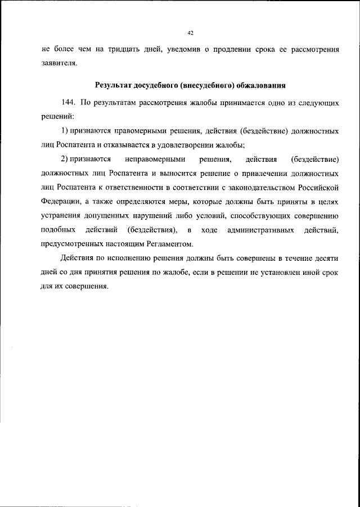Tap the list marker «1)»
click(x=64, y=131)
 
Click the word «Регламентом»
click(x=171, y=244)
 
